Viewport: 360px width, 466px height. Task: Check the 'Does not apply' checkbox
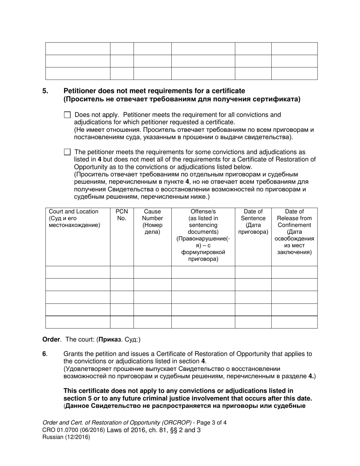tap(67, 115)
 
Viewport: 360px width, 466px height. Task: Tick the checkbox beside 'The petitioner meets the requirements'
tap(67, 152)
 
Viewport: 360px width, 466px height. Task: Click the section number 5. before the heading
tap(45, 91)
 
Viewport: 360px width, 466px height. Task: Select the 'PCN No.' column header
tap(122, 215)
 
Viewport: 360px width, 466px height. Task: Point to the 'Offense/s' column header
tap(203, 212)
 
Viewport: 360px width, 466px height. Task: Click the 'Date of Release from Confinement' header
tap(294, 218)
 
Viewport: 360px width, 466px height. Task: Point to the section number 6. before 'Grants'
tap(44, 354)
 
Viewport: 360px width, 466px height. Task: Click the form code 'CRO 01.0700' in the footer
tap(59, 430)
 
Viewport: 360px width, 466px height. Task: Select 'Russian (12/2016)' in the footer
tap(66, 437)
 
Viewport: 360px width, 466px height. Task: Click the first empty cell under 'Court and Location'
tap(78, 272)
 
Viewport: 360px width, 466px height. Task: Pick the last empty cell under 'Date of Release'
tap(294, 322)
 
